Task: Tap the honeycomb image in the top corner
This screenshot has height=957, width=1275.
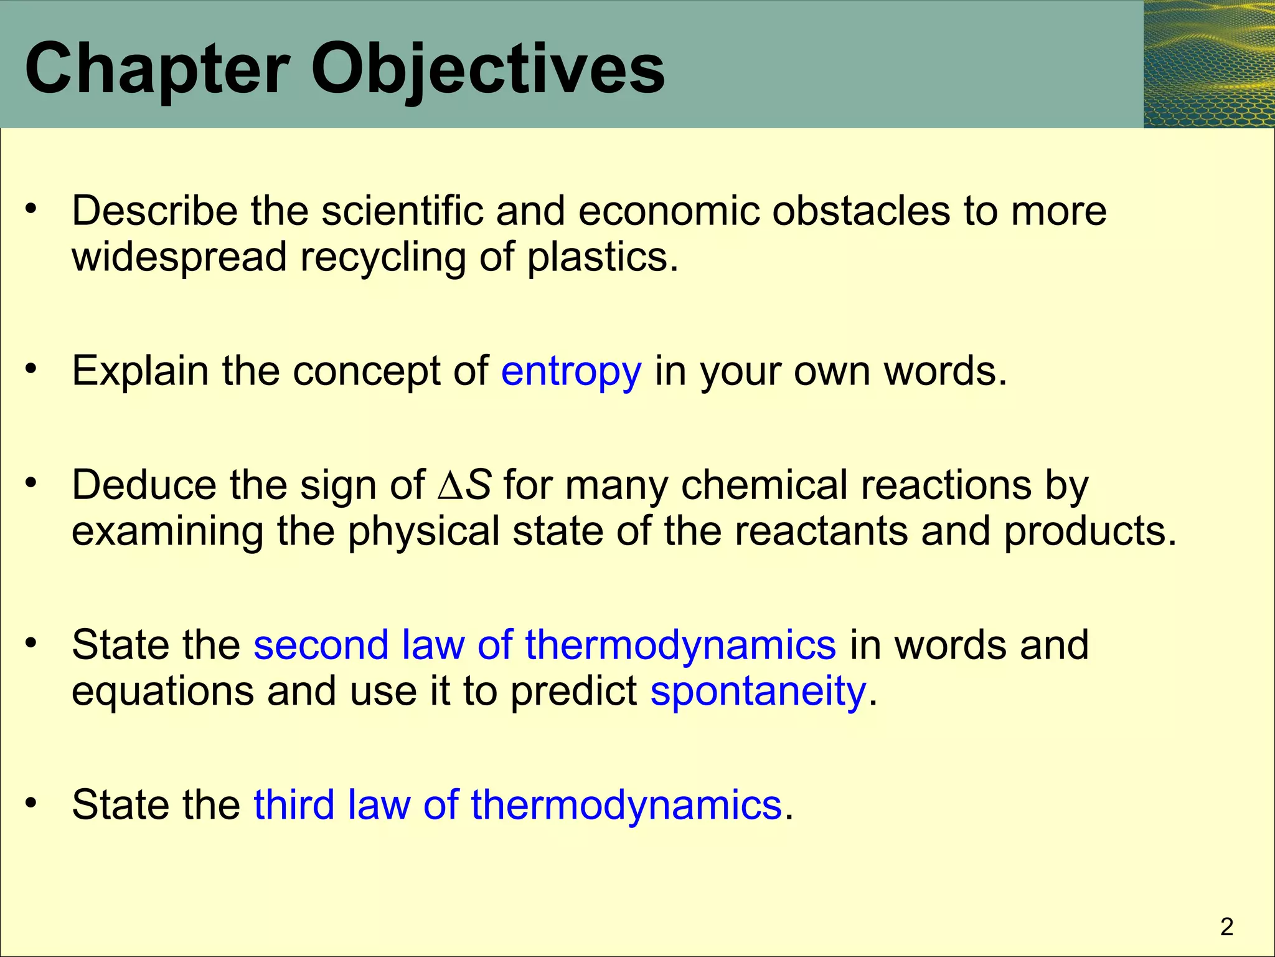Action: (x=1208, y=64)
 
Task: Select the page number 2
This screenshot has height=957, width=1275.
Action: (x=1226, y=927)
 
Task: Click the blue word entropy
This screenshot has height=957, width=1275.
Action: (x=571, y=371)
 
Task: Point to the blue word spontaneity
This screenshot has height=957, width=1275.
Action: (x=758, y=691)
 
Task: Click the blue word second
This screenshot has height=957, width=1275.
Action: (x=321, y=644)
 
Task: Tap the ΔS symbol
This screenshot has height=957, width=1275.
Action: (x=464, y=485)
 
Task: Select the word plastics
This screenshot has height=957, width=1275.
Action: (x=601, y=257)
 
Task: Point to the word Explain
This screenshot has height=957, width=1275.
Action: (x=140, y=371)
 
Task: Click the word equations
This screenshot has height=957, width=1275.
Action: (x=163, y=691)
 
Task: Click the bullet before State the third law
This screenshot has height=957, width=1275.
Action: (x=32, y=802)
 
